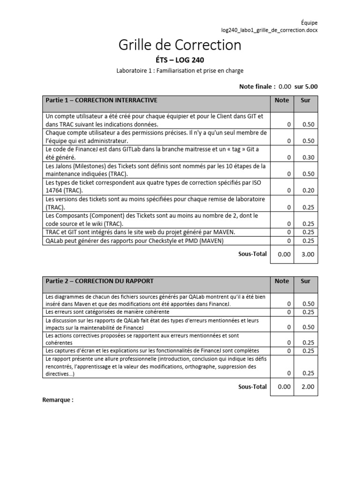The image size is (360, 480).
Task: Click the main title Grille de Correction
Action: coord(180,45)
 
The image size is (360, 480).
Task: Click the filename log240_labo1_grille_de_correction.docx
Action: coord(266,30)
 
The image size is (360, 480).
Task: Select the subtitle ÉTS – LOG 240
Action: coord(180,60)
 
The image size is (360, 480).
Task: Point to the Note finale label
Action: coord(257,86)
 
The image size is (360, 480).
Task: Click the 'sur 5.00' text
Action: coord(306,86)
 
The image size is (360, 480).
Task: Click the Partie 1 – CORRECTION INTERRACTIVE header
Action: coord(101,100)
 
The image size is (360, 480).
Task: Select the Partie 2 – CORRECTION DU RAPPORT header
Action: coord(99,281)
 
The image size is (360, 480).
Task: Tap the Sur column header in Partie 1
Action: coord(306,100)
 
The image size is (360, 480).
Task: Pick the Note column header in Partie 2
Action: coord(282,281)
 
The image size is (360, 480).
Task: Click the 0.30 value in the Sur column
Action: coord(308,157)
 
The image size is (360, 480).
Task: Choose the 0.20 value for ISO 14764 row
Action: coord(308,190)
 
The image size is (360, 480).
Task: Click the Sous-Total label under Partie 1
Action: coord(253,254)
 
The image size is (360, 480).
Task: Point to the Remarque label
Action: coord(58,400)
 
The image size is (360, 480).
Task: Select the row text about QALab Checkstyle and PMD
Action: coord(135,241)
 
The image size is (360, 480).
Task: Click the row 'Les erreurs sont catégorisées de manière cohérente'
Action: coord(107,312)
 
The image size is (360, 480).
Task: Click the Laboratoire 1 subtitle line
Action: coord(180,71)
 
